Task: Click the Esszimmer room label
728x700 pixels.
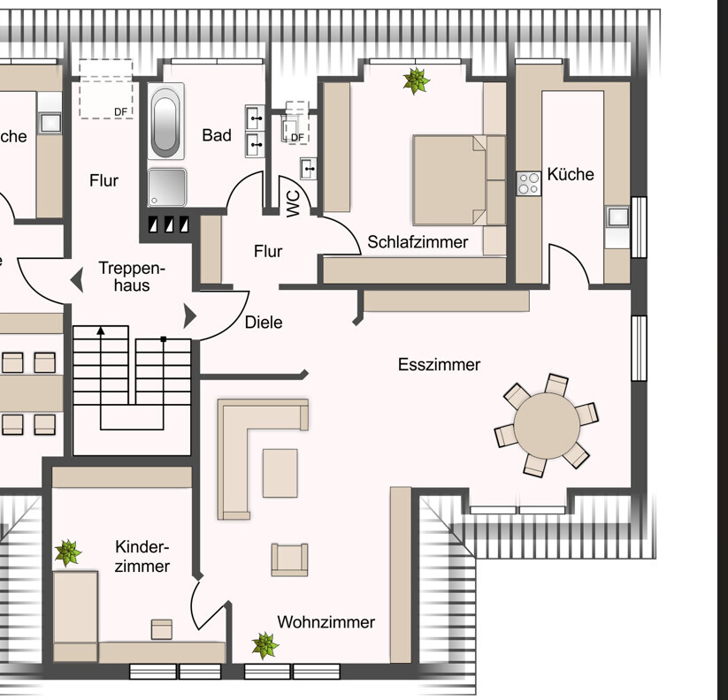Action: click(439, 364)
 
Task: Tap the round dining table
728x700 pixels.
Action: click(547, 425)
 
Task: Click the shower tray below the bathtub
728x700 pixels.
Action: click(167, 186)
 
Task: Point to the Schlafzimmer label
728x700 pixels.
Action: click(418, 241)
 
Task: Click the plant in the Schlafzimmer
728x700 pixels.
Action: click(416, 82)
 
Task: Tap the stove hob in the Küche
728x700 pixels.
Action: click(529, 183)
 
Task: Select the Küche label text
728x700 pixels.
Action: click(571, 174)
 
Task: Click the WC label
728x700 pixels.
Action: click(293, 203)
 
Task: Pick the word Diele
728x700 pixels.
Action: click(264, 323)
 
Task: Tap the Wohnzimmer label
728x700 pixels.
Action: click(326, 622)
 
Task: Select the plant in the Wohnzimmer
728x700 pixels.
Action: click(264, 645)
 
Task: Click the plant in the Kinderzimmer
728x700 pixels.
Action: click(68, 554)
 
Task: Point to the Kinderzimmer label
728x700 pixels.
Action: click(142, 557)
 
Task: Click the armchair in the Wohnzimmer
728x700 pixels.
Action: click(290, 559)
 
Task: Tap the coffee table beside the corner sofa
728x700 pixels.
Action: click(280, 473)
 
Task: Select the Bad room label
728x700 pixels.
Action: click(217, 135)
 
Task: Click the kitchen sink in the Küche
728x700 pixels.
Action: click(617, 216)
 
